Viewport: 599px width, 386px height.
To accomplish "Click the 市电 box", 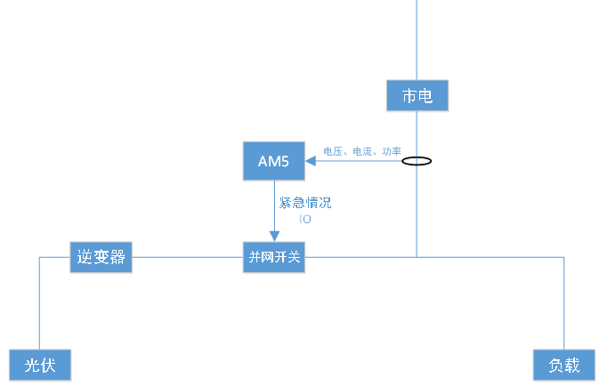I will tap(417, 95).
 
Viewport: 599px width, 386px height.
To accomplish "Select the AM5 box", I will tap(273, 160).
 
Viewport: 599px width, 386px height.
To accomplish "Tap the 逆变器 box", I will tap(101, 258).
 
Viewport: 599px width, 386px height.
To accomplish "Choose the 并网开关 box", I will tap(274, 258).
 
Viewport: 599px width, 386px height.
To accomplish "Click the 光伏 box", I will tap(40, 365).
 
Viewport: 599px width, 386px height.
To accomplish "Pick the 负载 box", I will tap(563, 365).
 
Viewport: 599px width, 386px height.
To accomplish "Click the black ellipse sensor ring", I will tap(417, 162).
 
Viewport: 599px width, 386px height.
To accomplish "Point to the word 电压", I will tap(333, 152).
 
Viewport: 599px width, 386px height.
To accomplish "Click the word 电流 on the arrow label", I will tap(362, 152).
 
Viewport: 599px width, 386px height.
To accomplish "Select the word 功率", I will tap(392, 152).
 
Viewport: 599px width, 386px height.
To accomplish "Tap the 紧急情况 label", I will tap(305, 203).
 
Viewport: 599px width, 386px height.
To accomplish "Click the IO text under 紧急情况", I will tap(305, 218).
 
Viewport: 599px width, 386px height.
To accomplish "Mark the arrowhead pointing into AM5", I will tap(311, 161).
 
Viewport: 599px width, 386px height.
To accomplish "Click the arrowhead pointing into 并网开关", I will tap(274, 236).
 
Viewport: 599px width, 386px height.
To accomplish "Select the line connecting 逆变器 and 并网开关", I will tap(187, 258).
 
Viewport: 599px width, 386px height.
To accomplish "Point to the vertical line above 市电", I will tap(417, 40).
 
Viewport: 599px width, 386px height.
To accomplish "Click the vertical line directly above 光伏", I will tap(40, 302).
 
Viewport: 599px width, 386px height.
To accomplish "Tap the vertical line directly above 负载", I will tap(563, 302).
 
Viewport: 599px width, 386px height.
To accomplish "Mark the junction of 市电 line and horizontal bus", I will tap(417, 257).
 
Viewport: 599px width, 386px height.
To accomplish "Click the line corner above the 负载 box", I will tap(563, 257).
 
